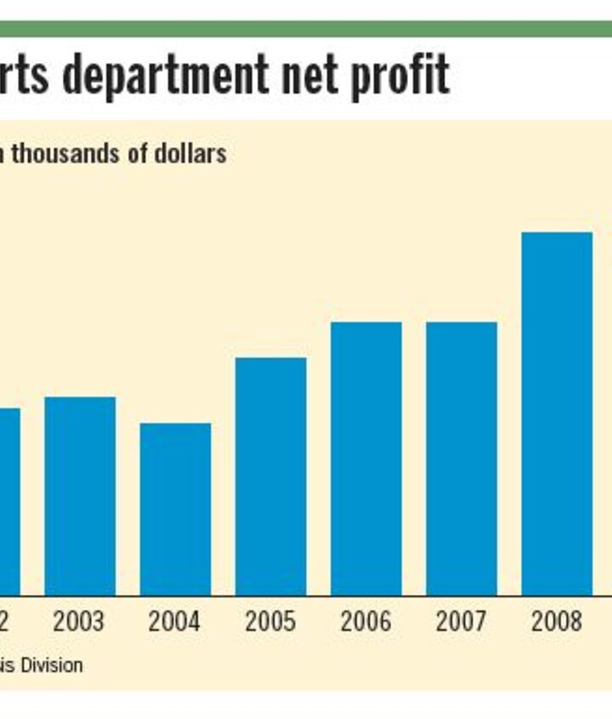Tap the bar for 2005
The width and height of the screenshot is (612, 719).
click(270, 476)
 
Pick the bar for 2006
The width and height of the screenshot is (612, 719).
click(366, 459)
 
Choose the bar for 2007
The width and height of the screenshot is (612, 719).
click(462, 459)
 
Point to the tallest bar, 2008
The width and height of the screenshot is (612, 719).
click(557, 414)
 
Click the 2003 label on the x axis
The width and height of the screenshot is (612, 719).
click(79, 622)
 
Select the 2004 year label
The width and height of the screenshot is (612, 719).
click(174, 622)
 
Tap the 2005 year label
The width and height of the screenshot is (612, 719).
click(270, 622)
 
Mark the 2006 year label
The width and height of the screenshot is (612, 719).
click(366, 622)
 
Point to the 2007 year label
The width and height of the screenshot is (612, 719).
click(462, 622)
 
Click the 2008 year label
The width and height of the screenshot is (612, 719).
click(557, 622)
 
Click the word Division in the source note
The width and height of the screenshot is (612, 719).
click(50, 665)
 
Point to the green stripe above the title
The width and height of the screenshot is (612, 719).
click(306, 29)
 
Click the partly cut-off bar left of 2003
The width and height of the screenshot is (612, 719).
click(8, 502)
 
